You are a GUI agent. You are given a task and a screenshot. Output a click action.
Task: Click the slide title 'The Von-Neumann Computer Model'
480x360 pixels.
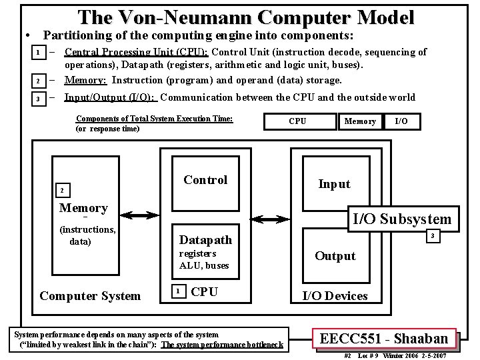(245, 17)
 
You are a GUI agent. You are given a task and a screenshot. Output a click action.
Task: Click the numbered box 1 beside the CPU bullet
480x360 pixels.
(39, 52)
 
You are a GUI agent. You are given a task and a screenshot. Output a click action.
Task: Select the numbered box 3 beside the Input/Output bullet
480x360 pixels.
(39, 99)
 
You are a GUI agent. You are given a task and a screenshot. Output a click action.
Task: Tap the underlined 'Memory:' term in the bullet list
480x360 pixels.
(86, 80)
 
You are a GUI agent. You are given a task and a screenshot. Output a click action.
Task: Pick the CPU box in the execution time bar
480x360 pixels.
(297, 121)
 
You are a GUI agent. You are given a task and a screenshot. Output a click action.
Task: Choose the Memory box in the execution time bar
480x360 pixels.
(359, 121)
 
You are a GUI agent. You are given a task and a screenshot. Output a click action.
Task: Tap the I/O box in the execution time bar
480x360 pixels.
(401, 121)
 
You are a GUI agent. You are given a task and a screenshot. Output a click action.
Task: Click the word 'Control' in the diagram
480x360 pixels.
(205, 179)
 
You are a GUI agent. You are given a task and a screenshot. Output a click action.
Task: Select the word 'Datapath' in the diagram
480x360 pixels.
(206, 240)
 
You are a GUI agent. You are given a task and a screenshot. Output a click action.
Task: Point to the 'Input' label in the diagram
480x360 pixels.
(334, 184)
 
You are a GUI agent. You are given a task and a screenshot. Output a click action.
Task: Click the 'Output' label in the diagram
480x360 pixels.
(335, 256)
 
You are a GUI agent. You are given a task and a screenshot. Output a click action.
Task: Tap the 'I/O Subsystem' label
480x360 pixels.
(401, 219)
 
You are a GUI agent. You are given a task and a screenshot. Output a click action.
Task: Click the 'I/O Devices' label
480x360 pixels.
(335, 295)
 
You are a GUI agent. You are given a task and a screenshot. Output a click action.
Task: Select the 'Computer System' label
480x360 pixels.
(90, 295)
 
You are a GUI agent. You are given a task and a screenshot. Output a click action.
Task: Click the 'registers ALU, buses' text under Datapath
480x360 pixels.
(204, 260)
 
